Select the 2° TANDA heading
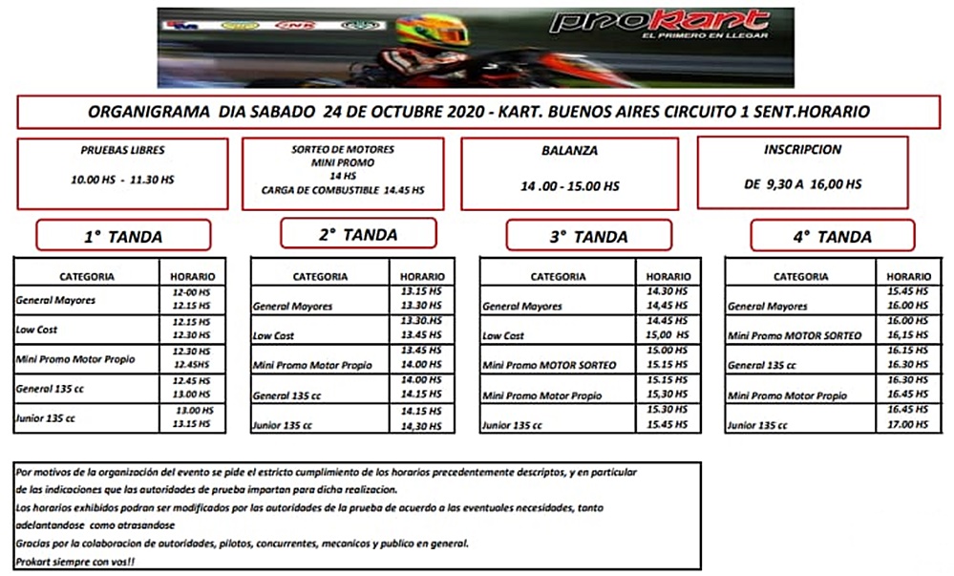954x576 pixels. click(x=357, y=233)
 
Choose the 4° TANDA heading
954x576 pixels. click(x=832, y=236)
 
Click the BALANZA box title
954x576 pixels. click(x=570, y=151)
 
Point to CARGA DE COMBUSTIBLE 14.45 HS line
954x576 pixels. click(x=343, y=190)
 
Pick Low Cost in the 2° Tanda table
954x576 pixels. click(x=274, y=335)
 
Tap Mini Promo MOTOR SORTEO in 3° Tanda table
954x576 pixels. click(x=550, y=365)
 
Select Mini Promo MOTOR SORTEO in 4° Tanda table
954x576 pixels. click(x=795, y=335)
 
